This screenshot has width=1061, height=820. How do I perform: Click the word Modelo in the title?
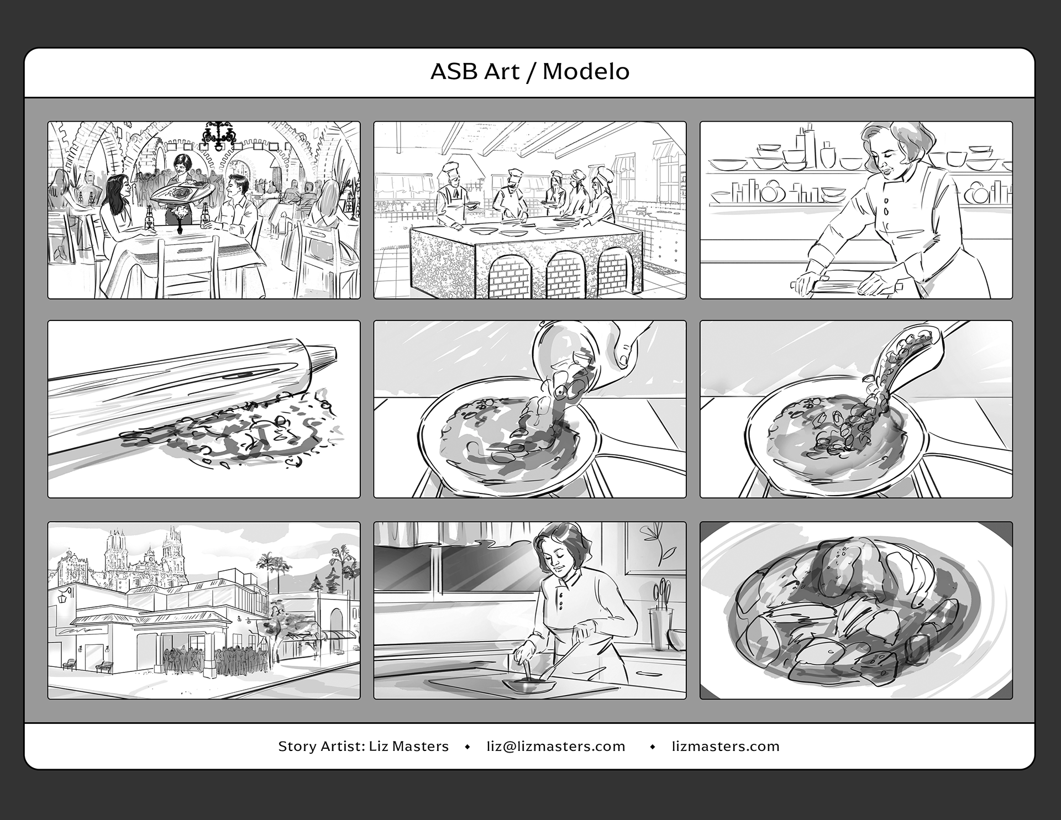[586, 72]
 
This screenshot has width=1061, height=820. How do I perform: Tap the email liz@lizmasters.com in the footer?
[556, 747]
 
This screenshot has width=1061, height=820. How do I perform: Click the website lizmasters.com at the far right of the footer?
[726, 747]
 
